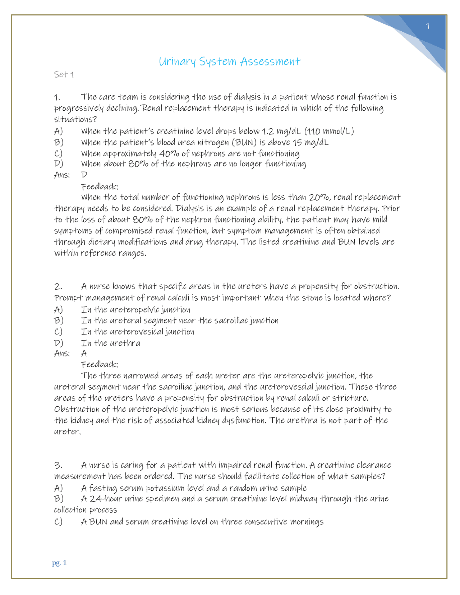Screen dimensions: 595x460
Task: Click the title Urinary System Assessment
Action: [229, 61]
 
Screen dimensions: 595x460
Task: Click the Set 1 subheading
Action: [64, 74]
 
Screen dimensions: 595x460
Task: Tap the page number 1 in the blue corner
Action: [428, 26]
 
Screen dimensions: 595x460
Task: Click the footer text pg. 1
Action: [59, 563]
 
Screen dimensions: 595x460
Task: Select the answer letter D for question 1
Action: [84, 175]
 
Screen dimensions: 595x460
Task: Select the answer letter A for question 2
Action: [84, 353]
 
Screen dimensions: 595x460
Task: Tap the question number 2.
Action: [58, 286]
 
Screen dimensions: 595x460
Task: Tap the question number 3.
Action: [58, 465]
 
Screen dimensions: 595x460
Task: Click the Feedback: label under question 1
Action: [100, 186]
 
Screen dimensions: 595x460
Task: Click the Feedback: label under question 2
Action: [100, 364]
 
